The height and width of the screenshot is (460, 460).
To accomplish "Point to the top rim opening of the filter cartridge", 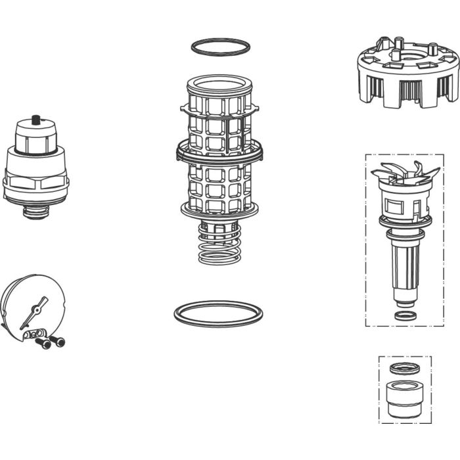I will (x=219, y=84).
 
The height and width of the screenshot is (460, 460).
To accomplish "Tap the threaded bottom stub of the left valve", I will (x=36, y=212).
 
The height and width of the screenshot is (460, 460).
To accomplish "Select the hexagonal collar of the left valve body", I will (x=35, y=180).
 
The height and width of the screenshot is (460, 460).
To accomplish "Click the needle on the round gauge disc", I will (x=34, y=313).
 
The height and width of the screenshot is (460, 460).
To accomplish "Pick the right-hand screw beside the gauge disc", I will (x=58, y=341).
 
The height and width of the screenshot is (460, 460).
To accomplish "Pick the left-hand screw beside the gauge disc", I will (x=44, y=344).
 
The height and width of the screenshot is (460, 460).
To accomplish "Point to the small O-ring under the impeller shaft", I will (x=405, y=315).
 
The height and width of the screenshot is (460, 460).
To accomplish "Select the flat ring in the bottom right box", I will (x=403, y=368).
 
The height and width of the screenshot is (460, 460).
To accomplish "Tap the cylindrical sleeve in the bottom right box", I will (x=403, y=399).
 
